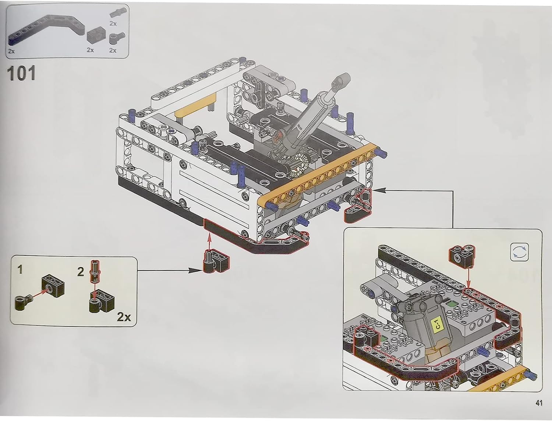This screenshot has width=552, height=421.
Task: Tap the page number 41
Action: pyautogui.click(x=539, y=403)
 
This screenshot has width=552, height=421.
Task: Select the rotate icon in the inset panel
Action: pyautogui.click(x=520, y=252)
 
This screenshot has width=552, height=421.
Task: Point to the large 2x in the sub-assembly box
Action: pyautogui.click(x=124, y=317)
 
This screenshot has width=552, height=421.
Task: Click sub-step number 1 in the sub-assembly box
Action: pyautogui.click(x=20, y=270)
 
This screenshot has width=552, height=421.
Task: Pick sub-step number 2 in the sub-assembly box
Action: pyautogui.click(x=81, y=272)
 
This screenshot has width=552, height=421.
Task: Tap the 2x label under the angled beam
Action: pyautogui.click(x=11, y=51)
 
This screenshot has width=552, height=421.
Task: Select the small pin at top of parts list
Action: pyautogui.click(x=117, y=13)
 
